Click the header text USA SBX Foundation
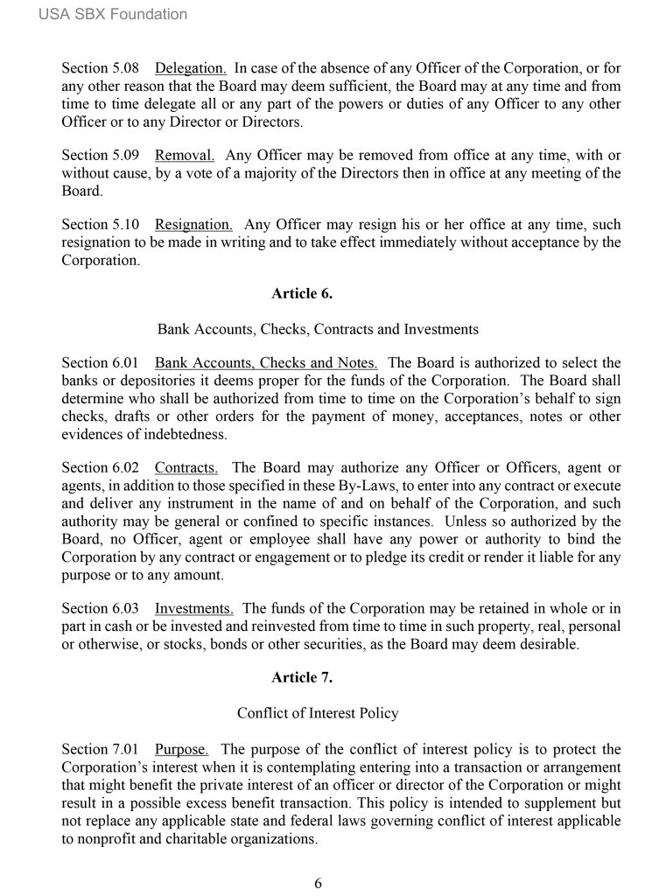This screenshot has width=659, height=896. [x=113, y=14]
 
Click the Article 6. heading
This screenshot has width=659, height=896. [x=302, y=294]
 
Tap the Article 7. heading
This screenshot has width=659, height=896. [x=302, y=677]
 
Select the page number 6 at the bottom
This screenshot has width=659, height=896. [x=319, y=883]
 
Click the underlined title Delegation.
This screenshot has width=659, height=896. [x=191, y=67]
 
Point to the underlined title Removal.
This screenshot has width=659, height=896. [x=185, y=156]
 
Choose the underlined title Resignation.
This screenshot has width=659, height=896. [x=193, y=224]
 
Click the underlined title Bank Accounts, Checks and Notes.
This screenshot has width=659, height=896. [x=266, y=362]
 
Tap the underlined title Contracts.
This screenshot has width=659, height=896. [x=186, y=466]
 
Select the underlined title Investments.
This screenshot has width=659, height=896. [x=193, y=608]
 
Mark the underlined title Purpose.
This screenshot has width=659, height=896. [x=182, y=749]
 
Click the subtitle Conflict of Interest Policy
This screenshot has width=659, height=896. [x=318, y=713]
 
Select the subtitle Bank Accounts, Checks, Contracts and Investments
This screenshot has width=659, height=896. [x=318, y=330]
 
